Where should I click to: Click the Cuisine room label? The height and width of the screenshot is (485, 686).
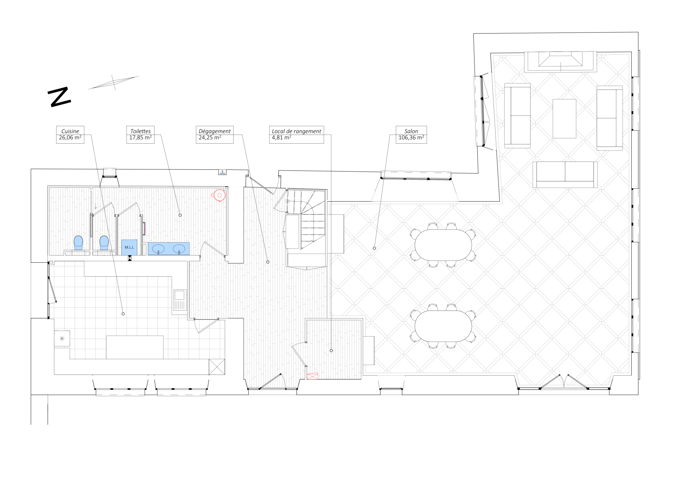[x=70, y=135]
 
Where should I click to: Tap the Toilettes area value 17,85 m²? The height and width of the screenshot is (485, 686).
[x=140, y=138]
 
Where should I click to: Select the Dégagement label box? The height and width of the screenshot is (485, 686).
[x=214, y=135]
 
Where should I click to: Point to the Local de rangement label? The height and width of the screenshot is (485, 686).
[x=297, y=135]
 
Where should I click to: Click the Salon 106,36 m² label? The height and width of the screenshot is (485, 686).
[x=411, y=135]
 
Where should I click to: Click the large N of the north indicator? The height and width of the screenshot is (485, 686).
[x=59, y=97]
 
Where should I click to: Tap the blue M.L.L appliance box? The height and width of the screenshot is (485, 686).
[x=129, y=247]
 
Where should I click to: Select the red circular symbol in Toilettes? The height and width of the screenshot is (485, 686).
[x=219, y=195]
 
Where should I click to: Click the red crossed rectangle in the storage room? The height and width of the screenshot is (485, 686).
[x=312, y=376]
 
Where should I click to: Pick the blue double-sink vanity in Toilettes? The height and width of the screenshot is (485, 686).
[x=169, y=249]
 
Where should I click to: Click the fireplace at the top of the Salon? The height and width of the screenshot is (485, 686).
[x=560, y=62]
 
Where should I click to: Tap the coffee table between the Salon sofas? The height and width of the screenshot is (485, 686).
[x=564, y=119]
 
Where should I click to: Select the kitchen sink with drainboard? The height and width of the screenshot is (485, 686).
[x=179, y=300]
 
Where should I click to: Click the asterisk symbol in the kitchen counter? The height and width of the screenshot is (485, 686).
[x=62, y=338]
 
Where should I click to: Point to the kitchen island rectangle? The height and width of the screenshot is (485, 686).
[x=135, y=347]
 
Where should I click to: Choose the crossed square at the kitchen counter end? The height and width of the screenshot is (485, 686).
[x=217, y=367]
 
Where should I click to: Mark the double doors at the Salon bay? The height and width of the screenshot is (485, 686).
[x=563, y=381]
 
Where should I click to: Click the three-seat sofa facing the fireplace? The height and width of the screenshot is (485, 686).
[x=565, y=174]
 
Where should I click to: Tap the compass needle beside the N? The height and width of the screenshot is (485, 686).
[x=114, y=83]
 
